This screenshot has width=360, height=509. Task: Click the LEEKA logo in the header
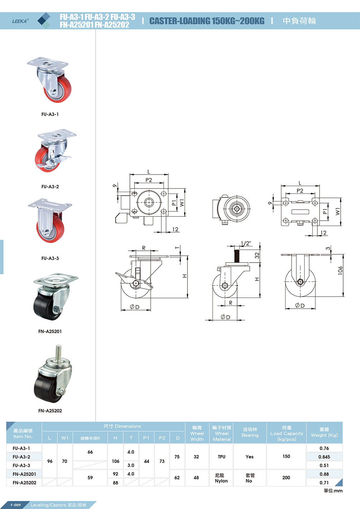(x=20, y=21)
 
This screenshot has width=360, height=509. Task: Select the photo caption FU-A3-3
(x=50, y=258)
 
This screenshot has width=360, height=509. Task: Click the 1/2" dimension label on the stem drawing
(x=246, y=244)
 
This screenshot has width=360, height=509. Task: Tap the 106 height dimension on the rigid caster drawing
(x=340, y=270)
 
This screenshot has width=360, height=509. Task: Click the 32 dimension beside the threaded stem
(x=257, y=255)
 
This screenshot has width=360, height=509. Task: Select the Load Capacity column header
(x=287, y=433)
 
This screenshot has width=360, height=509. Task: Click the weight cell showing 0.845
(x=324, y=457)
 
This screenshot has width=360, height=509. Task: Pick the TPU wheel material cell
(x=222, y=457)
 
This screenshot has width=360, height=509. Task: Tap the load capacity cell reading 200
(x=286, y=478)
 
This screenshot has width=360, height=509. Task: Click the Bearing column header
(x=250, y=432)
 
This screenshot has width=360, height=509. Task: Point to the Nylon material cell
(x=221, y=478)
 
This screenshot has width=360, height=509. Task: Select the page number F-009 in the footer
(x=15, y=505)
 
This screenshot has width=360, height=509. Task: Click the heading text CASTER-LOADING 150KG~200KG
(x=207, y=21)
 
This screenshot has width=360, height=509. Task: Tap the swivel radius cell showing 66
(x=90, y=452)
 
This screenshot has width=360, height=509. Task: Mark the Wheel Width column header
(x=197, y=433)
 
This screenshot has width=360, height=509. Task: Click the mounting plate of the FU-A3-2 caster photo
(x=57, y=136)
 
